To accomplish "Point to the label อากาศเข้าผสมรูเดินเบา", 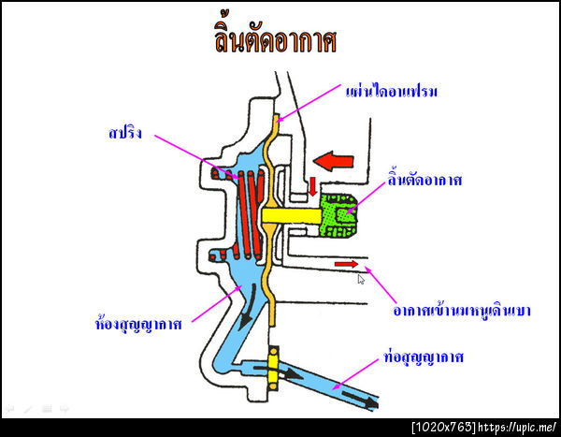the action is [462, 306].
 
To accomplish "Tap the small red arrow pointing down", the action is [313, 184].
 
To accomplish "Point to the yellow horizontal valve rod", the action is [291, 215].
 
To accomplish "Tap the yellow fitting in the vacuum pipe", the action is [274, 367].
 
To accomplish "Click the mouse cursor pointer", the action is [362, 279].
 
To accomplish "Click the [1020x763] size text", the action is [443, 427].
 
